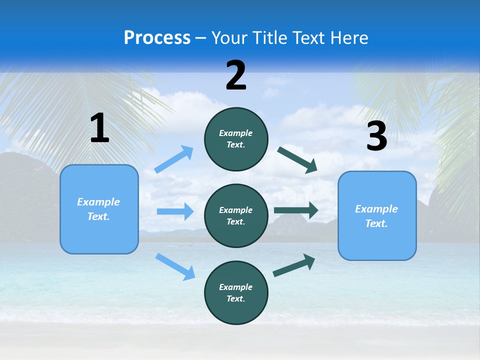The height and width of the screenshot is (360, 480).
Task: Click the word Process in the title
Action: (x=157, y=38)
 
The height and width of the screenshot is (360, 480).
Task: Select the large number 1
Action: (x=99, y=128)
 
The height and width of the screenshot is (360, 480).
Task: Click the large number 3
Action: (x=376, y=136)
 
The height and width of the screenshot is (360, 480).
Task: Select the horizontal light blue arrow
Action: (x=175, y=211)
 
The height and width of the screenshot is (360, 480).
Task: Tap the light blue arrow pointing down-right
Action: (x=175, y=266)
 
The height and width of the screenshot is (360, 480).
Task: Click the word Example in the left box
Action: (x=98, y=202)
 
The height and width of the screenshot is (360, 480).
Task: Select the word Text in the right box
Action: (x=376, y=223)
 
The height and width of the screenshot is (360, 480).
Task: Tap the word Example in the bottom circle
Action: (x=235, y=287)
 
